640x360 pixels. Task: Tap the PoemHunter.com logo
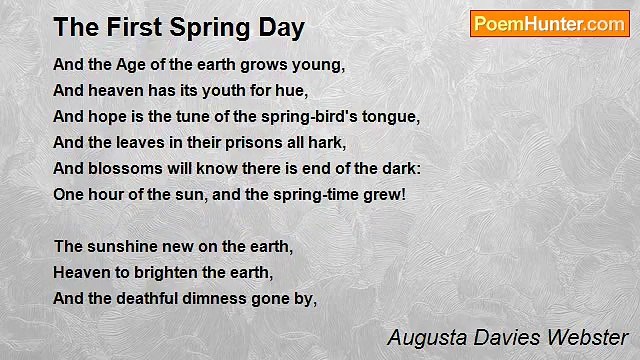tap(549, 24)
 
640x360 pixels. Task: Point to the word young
tap(319, 66)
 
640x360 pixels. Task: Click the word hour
tap(107, 192)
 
